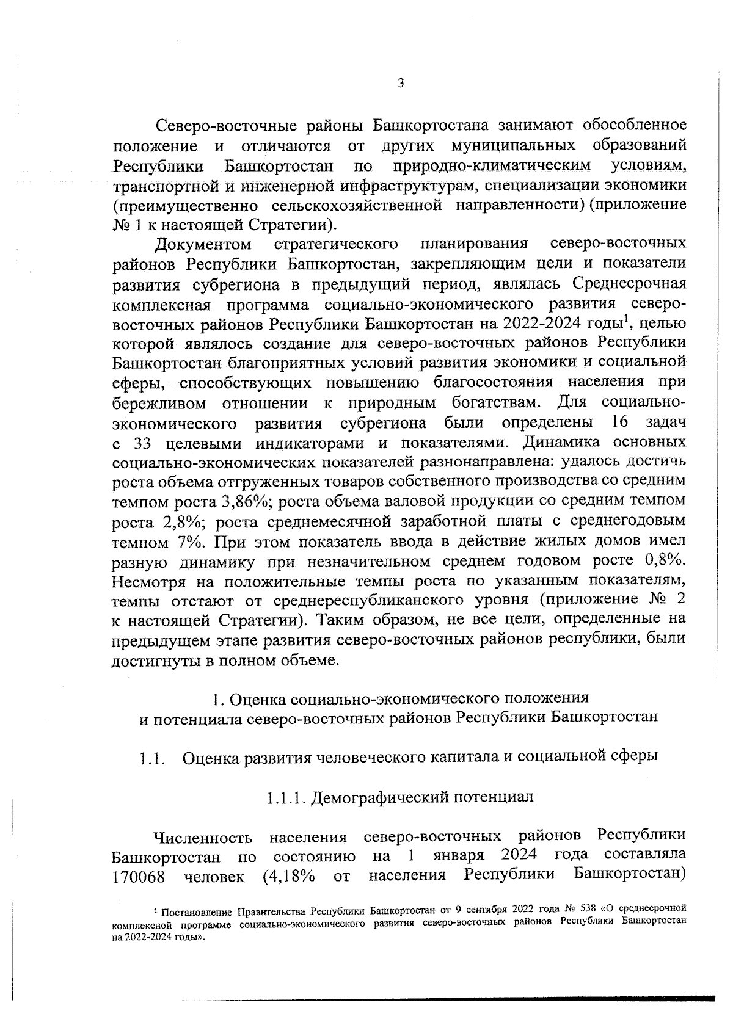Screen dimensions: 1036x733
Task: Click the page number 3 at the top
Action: pos(400,84)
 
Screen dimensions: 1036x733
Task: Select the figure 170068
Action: pos(137,877)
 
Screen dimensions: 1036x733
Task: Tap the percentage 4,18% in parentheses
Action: pos(291,877)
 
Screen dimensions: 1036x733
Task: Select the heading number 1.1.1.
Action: pos(286,797)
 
